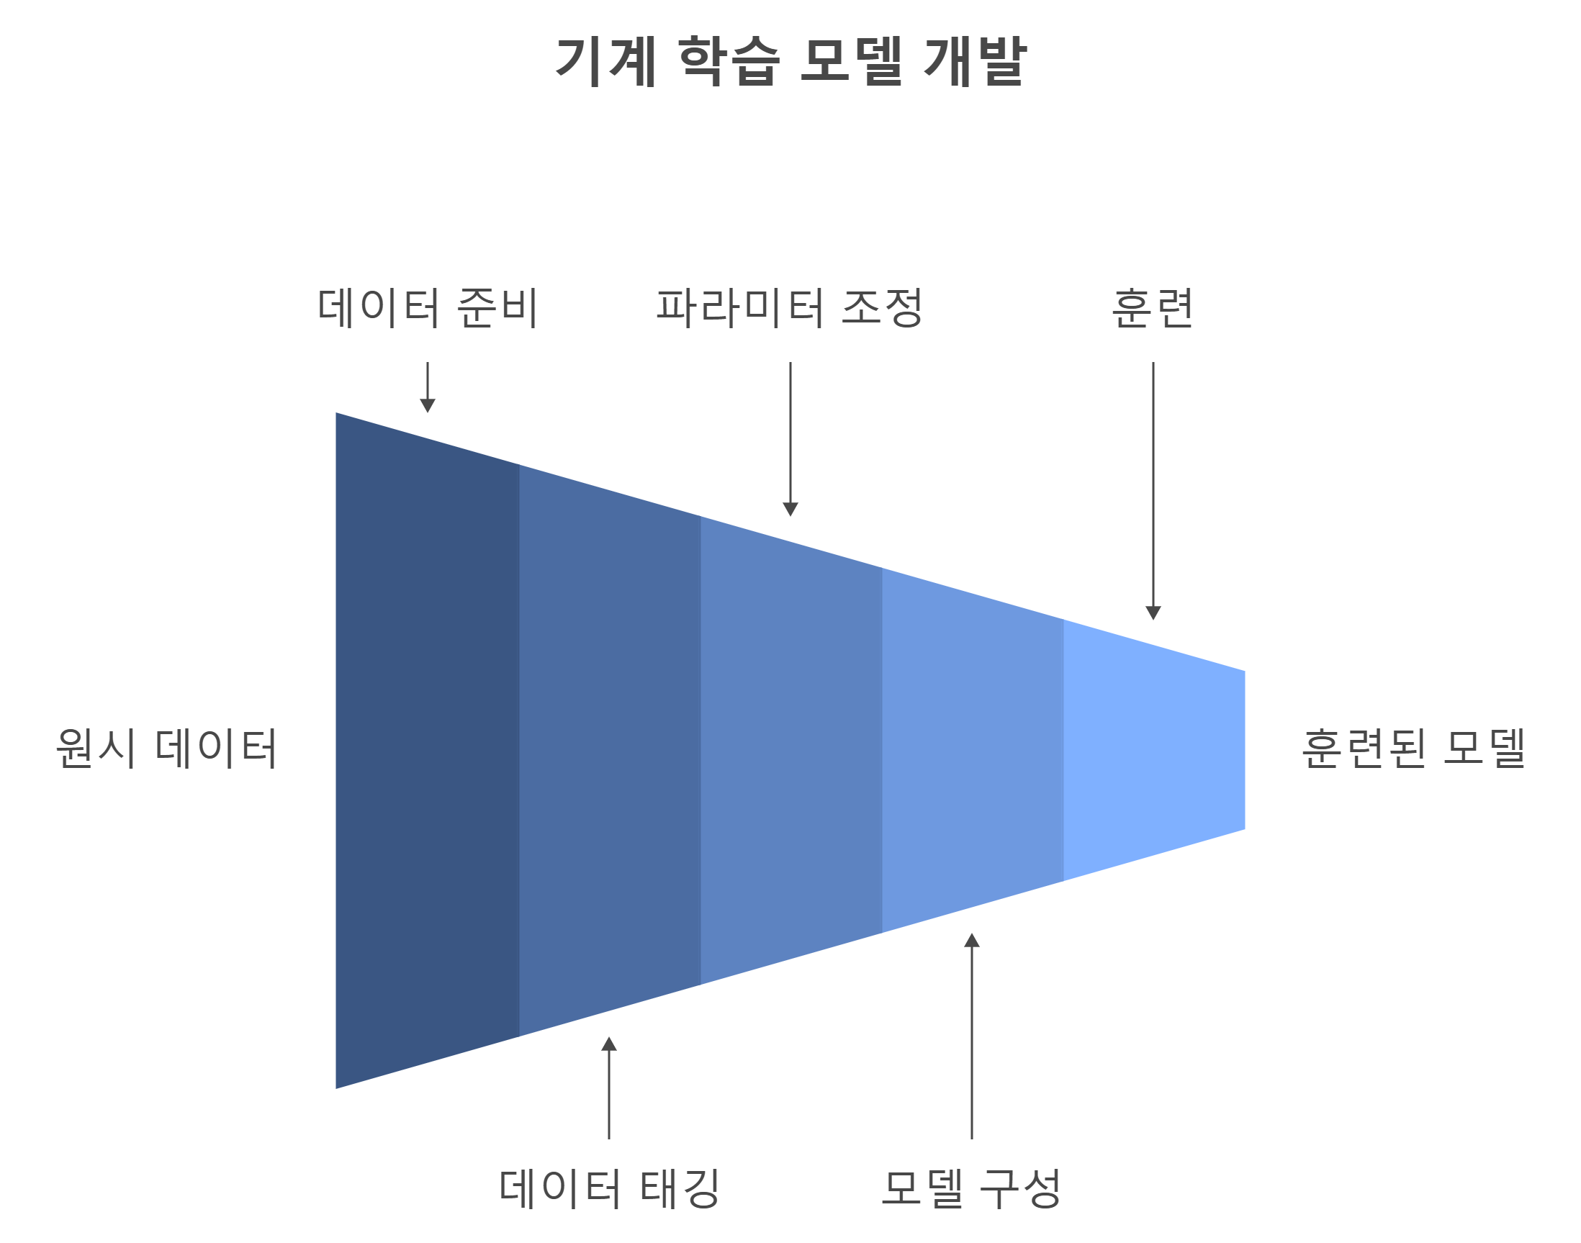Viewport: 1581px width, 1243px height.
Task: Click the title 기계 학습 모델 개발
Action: pyautogui.click(x=790, y=61)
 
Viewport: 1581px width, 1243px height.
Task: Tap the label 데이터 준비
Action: pyautogui.click(x=427, y=308)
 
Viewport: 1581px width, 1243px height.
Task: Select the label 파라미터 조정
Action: pyautogui.click(x=790, y=308)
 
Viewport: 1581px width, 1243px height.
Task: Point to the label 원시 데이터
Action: pyautogui.click(x=167, y=749)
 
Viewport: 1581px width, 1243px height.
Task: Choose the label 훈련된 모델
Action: pyautogui.click(x=1413, y=749)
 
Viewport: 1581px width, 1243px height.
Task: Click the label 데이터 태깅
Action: pyautogui.click(x=609, y=1189)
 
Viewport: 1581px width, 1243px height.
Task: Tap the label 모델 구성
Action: pyautogui.click(x=971, y=1189)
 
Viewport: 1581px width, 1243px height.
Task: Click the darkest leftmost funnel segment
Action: pyautogui.click(x=427, y=749)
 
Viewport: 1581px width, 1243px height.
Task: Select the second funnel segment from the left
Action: pyautogui.click(x=609, y=749)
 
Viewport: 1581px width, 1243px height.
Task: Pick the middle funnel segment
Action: pyautogui.click(x=790, y=749)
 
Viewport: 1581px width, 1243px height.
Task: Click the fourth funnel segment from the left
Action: pyautogui.click(x=972, y=749)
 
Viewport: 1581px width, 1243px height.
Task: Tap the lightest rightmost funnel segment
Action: pyautogui.click(x=1153, y=749)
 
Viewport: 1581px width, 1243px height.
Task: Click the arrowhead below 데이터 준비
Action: pyautogui.click(x=427, y=405)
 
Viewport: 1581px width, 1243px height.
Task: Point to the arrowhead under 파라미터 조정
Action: pyautogui.click(x=790, y=509)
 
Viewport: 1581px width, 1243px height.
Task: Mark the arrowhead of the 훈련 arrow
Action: pyautogui.click(x=1153, y=612)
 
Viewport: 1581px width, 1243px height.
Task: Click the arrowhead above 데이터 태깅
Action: pyautogui.click(x=609, y=1044)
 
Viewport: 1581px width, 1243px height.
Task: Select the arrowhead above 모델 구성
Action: pyautogui.click(x=972, y=941)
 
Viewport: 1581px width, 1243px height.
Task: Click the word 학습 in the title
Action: pyautogui.click(x=729, y=61)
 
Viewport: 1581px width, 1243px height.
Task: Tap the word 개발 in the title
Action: pyautogui.click(x=975, y=61)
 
